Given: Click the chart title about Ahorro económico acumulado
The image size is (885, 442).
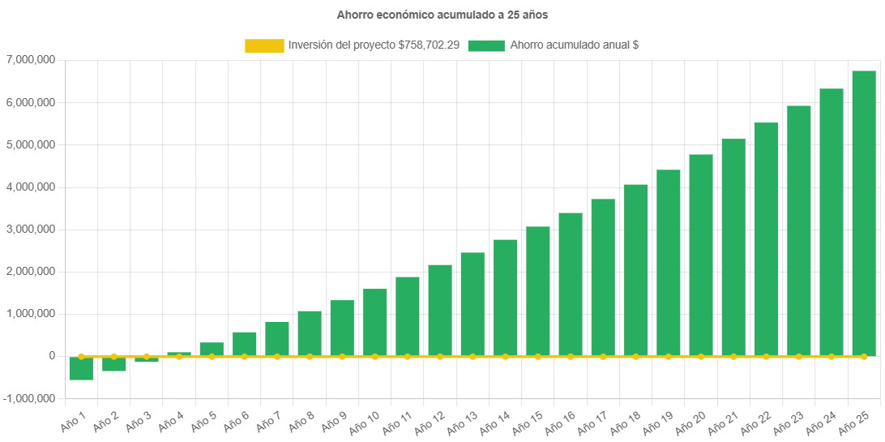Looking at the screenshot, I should click(442, 15).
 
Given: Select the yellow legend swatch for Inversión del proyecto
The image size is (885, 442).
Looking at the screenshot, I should click(264, 46).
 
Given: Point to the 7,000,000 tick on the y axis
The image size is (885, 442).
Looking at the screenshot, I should click(30, 60).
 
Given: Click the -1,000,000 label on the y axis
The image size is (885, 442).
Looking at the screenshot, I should click(28, 398).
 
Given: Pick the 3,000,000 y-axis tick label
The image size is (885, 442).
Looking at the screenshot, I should click(30, 230).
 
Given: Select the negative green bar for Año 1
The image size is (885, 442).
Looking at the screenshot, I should click(81, 368).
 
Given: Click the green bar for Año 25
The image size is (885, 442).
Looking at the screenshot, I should click(863, 213).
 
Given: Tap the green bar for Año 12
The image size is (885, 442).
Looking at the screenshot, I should click(440, 310).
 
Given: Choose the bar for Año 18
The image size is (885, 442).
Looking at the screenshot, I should click(635, 270).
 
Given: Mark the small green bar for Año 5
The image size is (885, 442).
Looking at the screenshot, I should click(212, 349).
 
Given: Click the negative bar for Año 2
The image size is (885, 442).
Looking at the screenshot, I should click(113, 363).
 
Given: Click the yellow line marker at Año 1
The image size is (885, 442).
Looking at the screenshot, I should click(81, 356).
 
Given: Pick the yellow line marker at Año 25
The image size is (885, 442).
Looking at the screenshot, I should click(863, 356).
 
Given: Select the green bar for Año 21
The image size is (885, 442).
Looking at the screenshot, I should click(733, 247).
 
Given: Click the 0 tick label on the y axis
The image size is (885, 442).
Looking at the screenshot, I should click(51, 356).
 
